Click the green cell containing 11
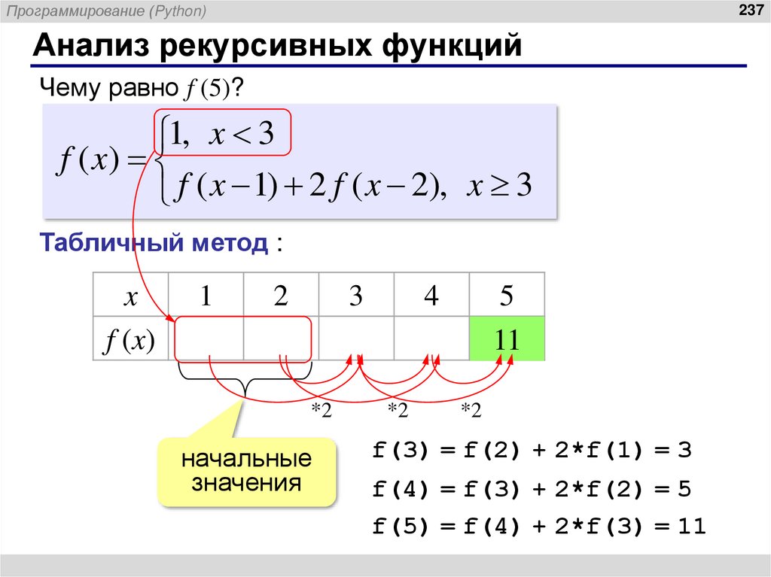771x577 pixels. (506, 339)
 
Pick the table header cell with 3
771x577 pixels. (355, 296)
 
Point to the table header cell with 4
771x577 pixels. (431, 296)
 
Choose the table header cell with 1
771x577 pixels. (205, 296)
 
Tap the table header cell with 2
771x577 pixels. (281, 296)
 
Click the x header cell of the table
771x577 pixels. (130, 296)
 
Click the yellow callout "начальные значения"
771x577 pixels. (246, 470)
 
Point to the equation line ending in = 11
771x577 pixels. (538, 527)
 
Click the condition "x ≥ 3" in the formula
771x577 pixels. (499, 186)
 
